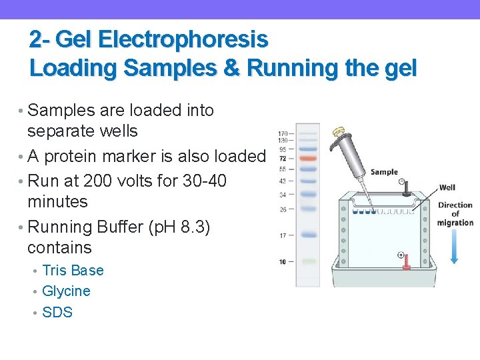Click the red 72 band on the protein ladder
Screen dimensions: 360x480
(307, 159)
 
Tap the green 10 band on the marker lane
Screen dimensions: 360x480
(307, 261)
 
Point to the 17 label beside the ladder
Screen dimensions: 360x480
(283, 235)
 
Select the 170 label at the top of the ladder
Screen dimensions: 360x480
(283, 133)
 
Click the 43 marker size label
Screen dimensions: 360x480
(283, 181)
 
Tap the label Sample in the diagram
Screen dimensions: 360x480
(383, 172)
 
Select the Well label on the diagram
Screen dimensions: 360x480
(447, 188)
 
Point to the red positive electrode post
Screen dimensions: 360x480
(405, 266)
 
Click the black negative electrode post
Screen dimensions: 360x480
(405, 191)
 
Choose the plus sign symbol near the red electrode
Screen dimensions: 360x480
(401, 255)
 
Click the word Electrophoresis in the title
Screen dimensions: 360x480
(182, 40)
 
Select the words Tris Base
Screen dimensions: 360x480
(73, 270)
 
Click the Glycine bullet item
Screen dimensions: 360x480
(66, 291)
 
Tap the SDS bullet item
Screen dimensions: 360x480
(57, 312)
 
